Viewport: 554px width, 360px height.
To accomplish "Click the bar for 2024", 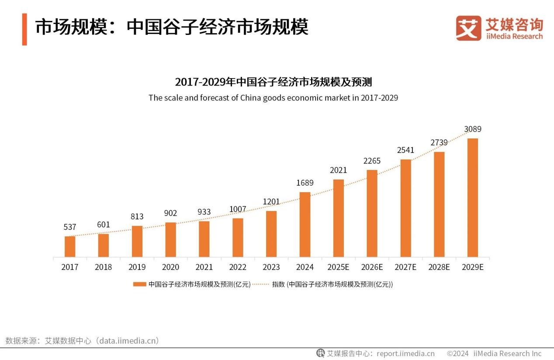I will point(305,225).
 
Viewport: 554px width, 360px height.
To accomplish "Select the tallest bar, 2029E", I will point(473,197).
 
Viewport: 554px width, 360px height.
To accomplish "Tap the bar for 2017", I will point(70,246).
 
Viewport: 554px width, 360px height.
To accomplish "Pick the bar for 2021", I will point(204,239).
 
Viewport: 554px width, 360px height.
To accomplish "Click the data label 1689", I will point(305,183).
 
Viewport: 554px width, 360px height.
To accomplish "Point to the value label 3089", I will point(473,129).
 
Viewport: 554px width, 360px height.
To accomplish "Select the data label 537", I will point(70,227).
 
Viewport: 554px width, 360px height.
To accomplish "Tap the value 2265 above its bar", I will point(372,161).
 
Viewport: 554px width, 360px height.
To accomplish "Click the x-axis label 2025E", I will point(339,267).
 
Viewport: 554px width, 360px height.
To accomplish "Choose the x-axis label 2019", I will point(137,267).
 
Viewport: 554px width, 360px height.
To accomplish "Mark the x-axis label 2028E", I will point(439,267).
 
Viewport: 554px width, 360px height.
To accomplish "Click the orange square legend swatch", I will point(140,284).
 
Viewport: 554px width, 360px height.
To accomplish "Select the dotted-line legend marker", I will point(261,284).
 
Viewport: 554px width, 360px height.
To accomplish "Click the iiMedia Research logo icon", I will point(468,28).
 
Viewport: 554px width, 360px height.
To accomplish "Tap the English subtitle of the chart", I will point(273,98).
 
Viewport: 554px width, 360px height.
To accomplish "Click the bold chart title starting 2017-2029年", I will point(273,82).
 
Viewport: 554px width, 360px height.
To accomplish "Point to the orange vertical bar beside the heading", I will point(24,29).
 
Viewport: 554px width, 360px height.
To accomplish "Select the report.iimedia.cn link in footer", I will point(406,353).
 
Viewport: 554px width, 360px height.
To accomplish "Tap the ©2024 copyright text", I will point(457,353).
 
